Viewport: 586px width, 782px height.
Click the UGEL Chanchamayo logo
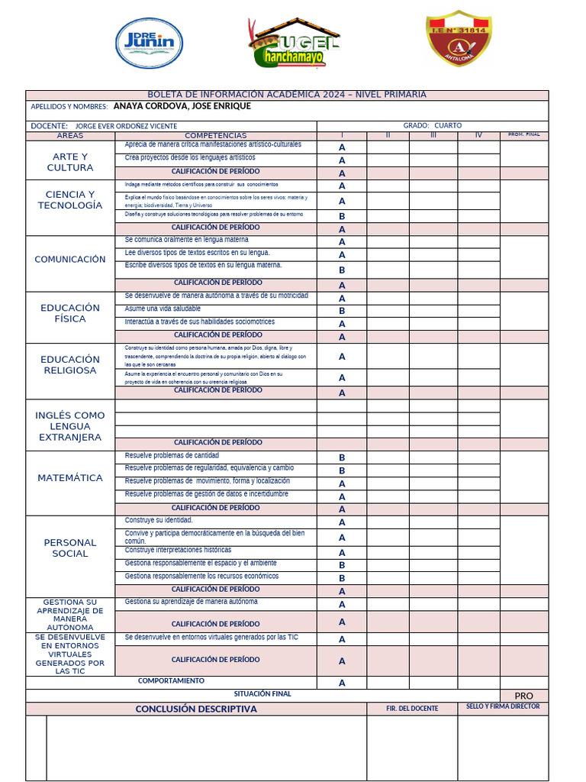point(294,44)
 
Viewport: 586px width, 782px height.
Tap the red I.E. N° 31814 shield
point(458,38)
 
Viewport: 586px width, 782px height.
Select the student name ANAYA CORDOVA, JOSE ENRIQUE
point(182,106)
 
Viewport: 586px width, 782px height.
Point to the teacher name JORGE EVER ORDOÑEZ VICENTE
point(126,126)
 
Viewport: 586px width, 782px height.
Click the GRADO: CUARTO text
point(432,125)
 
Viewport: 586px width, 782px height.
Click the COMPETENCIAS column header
point(216,135)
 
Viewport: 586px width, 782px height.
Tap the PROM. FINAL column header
point(523,135)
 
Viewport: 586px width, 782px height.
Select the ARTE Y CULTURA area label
point(70,162)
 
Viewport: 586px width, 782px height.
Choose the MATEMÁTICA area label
point(70,478)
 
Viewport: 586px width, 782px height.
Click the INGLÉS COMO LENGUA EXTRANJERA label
point(70,426)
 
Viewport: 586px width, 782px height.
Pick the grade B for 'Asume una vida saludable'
point(342,311)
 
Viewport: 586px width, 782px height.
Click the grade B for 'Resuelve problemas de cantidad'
point(342,457)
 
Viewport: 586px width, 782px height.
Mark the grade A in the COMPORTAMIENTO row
point(342,683)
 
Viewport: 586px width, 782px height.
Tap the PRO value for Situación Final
point(523,696)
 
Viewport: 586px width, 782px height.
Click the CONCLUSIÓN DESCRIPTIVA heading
point(196,709)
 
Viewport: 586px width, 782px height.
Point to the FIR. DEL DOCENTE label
point(412,709)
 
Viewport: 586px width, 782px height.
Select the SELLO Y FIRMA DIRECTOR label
point(503,706)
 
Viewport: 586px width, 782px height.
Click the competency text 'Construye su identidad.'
point(153,520)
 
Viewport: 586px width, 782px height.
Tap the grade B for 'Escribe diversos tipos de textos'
point(342,270)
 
